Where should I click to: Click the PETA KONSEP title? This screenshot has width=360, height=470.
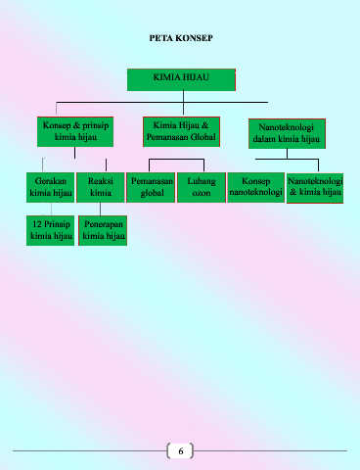[x=181, y=38]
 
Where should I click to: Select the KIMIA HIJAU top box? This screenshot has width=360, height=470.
[x=181, y=79]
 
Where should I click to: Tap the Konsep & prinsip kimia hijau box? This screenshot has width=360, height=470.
[x=75, y=132]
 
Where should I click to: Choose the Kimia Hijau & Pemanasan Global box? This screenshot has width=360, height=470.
[x=181, y=132]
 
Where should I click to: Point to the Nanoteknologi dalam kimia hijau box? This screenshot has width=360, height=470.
[x=287, y=133]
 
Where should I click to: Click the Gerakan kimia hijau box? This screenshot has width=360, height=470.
[x=51, y=187]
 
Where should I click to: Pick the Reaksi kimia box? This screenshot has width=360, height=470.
[x=101, y=187]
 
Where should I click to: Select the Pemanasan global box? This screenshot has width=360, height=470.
[x=151, y=187]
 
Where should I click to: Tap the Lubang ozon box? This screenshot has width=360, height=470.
[x=202, y=187]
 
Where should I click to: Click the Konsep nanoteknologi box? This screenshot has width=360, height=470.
[x=255, y=187]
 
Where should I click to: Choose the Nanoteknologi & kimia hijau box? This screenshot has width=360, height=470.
[x=315, y=188]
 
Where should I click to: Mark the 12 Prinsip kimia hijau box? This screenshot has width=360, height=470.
[x=51, y=230]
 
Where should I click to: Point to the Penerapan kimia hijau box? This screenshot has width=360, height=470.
[x=103, y=230]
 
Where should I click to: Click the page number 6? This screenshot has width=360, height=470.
[x=181, y=451]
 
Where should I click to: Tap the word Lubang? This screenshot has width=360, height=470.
[x=202, y=181]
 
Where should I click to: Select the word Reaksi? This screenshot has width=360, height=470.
[x=101, y=181]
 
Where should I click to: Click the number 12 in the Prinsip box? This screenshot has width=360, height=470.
[x=37, y=224]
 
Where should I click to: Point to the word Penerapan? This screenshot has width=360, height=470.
[x=104, y=224]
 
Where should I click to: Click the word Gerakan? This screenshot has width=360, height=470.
[x=51, y=181]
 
